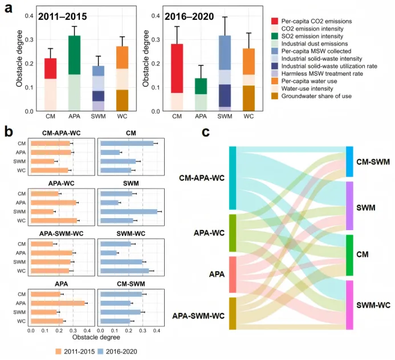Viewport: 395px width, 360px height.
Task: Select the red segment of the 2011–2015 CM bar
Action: point(51,68)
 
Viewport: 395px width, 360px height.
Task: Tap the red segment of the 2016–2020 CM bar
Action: point(177,68)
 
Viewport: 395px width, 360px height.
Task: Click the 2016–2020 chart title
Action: point(190,18)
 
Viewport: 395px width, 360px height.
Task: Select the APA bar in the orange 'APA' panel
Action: point(58,303)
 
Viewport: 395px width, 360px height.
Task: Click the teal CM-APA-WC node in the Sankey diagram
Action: point(233,178)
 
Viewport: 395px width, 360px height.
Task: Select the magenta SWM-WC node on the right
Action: point(349,305)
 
